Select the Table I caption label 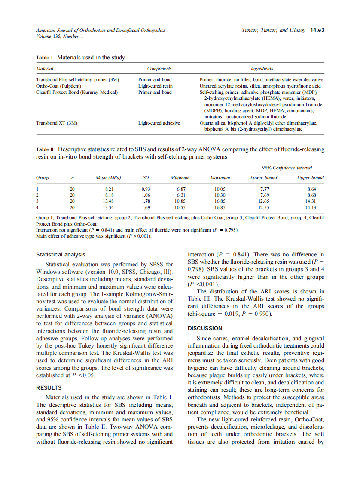(x=45, y=58)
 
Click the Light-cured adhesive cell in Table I (x=159, y=123)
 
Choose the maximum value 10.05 (x=220, y=189)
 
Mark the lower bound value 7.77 (x=265, y=189)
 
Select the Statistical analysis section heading (x=61, y=255)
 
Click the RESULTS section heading (x=49, y=387)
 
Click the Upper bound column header (x=310, y=177)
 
